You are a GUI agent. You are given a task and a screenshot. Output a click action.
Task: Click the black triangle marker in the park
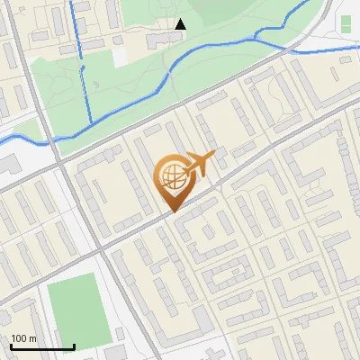[181, 24]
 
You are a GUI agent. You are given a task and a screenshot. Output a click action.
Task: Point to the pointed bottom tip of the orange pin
[172, 211]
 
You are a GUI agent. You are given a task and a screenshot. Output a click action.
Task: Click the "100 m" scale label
[24, 338]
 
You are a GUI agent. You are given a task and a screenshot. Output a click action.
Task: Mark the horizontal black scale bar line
[42, 347]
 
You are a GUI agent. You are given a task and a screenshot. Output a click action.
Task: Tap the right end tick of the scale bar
[74, 346]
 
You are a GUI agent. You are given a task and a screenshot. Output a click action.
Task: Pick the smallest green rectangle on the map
[346, 22]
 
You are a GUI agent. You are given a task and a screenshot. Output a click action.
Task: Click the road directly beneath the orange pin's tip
[172, 216]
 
